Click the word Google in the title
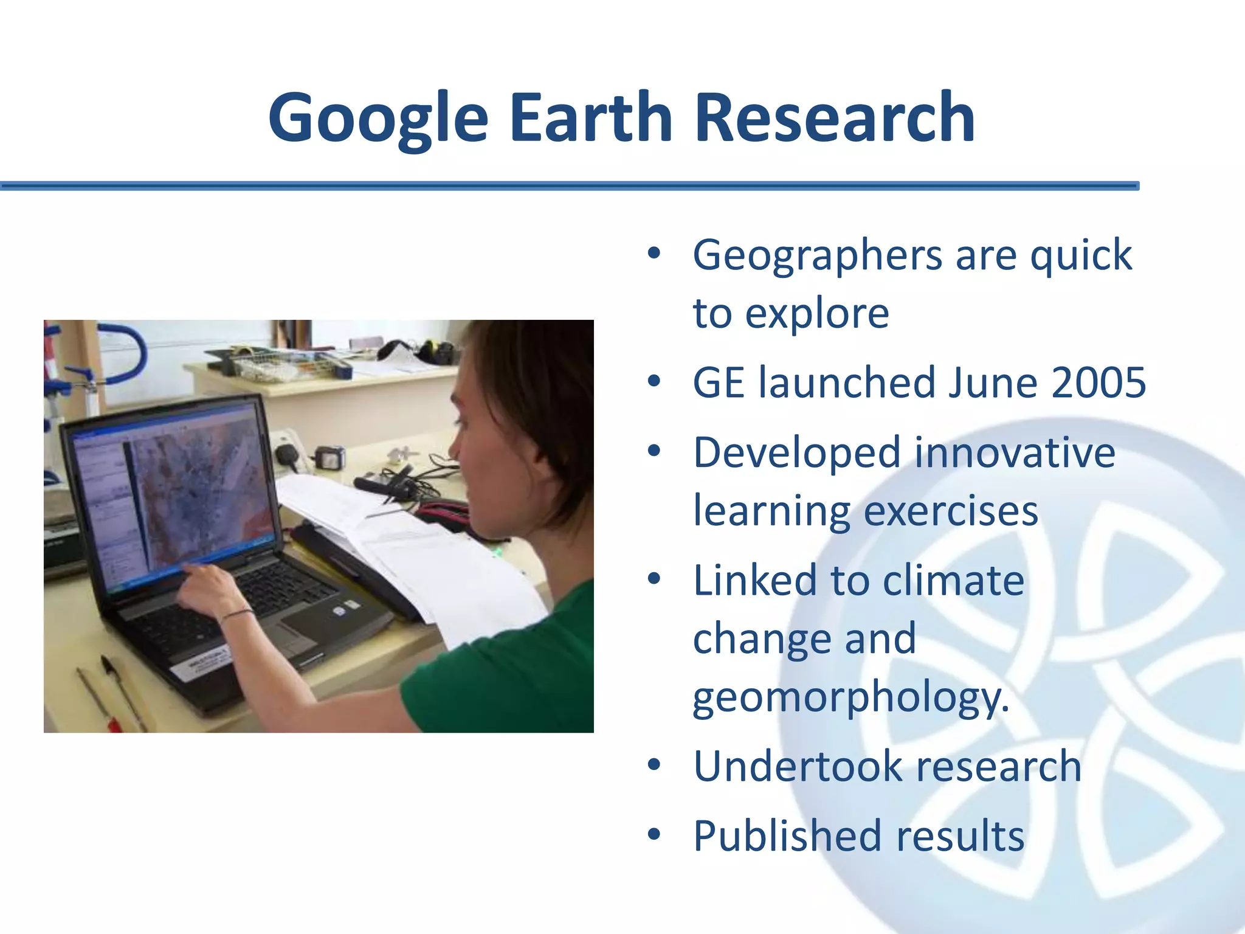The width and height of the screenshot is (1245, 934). coord(378,118)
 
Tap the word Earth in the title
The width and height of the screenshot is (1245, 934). coord(590,118)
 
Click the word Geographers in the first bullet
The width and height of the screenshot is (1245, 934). coord(817,256)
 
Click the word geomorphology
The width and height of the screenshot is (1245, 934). coord(850,697)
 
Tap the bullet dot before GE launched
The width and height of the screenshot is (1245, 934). coord(654,382)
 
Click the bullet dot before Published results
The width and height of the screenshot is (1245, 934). coord(654,835)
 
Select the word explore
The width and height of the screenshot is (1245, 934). coord(817,314)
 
